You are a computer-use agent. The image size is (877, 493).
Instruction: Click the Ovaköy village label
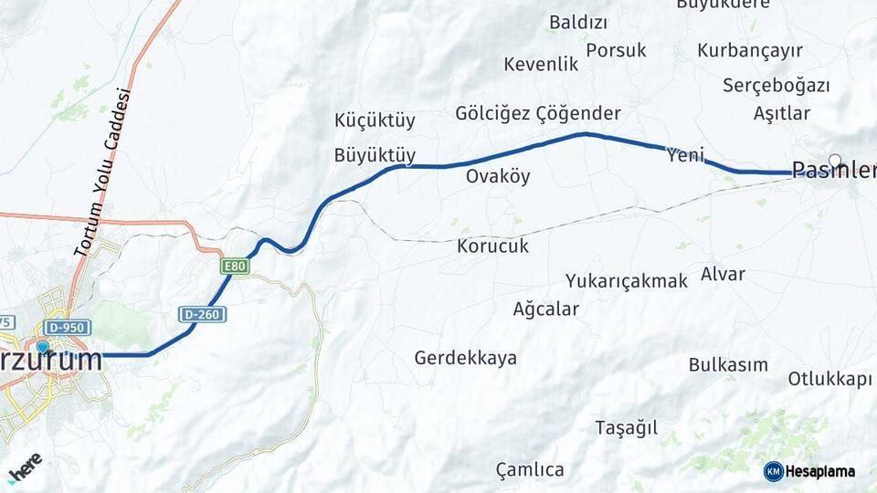[x=498, y=176]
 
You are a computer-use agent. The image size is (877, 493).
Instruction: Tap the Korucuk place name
[x=493, y=246]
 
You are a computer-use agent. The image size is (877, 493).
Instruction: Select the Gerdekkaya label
[x=465, y=358]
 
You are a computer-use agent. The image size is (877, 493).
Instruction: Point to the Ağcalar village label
[x=546, y=309]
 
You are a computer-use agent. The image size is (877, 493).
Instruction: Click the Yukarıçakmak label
[x=626, y=281]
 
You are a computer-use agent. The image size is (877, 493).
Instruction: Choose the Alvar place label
[x=723, y=274]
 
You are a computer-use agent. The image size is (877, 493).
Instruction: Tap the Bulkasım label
[x=728, y=365]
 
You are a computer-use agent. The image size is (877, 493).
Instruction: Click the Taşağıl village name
[x=627, y=428]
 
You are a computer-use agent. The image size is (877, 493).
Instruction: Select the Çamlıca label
[x=530, y=470]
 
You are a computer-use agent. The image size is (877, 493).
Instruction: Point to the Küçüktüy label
[x=375, y=121]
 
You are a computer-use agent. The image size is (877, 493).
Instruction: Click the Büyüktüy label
[x=375, y=155]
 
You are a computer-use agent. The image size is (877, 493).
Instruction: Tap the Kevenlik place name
[x=542, y=65]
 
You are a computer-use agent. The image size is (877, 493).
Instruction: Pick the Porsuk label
[x=616, y=50]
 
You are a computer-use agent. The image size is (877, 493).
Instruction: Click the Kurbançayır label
[x=750, y=50]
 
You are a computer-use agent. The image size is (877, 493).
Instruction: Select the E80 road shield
[x=235, y=267]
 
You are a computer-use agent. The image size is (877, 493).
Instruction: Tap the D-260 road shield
[x=202, y=314]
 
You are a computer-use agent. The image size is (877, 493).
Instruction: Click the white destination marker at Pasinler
[x=834, y=160]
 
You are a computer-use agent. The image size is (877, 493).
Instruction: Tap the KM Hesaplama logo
[x=809, y=471]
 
